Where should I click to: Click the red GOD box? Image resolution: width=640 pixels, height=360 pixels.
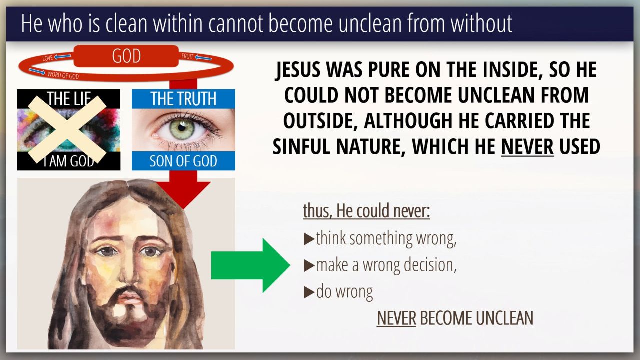point(126,56)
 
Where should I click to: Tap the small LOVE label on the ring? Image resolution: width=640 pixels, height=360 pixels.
point(47,58)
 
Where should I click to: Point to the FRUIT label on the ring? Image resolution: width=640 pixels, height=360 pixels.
point(187,56)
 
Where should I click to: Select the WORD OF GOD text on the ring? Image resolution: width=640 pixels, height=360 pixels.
point(63,75)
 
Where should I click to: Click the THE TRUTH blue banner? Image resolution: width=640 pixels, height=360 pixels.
point(183,99)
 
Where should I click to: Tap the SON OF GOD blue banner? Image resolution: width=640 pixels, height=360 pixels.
point(183,161)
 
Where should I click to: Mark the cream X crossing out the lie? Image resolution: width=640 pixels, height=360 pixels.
point(67,129)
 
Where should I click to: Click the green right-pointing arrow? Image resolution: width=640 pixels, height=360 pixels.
point(250,265)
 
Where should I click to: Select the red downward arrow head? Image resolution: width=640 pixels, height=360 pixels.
point(183,195)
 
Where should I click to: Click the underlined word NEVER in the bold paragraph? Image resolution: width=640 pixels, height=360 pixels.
point(527,146)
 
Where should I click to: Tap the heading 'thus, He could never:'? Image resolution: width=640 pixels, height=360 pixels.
point(366,211)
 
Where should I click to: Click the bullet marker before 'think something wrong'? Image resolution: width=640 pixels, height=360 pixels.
point(309,239)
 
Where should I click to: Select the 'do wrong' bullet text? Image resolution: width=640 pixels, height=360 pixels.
point(344,292)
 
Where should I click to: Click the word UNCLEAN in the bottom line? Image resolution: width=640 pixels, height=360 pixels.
point(505,318)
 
